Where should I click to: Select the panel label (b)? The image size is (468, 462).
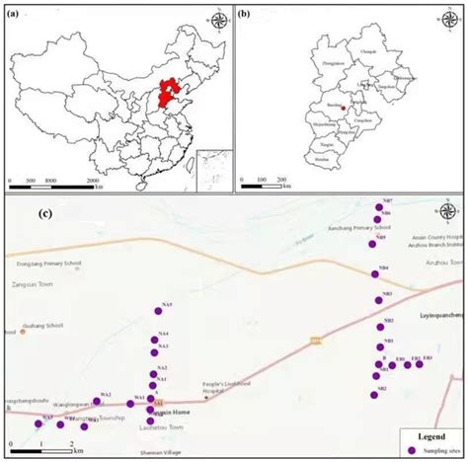243,13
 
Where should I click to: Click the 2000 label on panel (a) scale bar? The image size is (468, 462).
93,182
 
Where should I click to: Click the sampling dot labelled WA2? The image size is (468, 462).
99,401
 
